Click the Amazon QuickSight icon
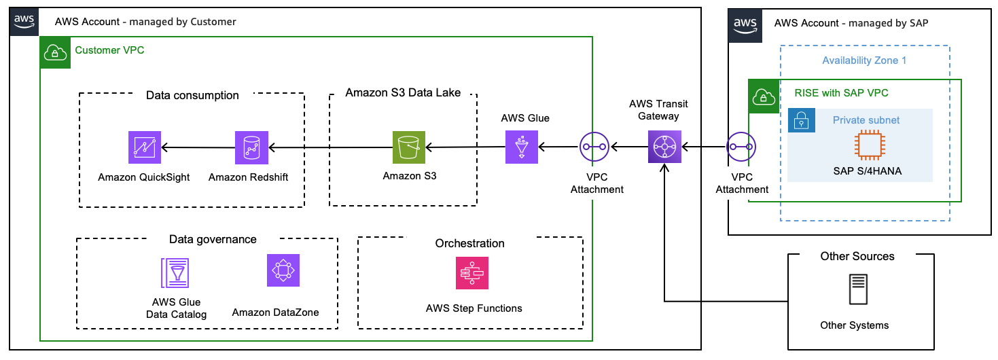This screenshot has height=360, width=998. [145, 148]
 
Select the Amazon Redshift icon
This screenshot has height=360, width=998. [251, 148]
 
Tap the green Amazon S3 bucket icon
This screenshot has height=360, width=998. [409, 148]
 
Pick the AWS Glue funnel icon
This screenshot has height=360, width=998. [522, 147]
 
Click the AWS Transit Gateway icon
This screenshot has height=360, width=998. [664, 147]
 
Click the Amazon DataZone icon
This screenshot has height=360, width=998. [283, 270]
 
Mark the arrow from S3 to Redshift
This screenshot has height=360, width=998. [330, 147]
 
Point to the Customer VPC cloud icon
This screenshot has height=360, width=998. [55, 52]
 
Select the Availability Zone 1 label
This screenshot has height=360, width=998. [864, 60]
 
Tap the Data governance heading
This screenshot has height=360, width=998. [213, 239]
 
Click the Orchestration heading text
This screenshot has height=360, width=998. [470, 243]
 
